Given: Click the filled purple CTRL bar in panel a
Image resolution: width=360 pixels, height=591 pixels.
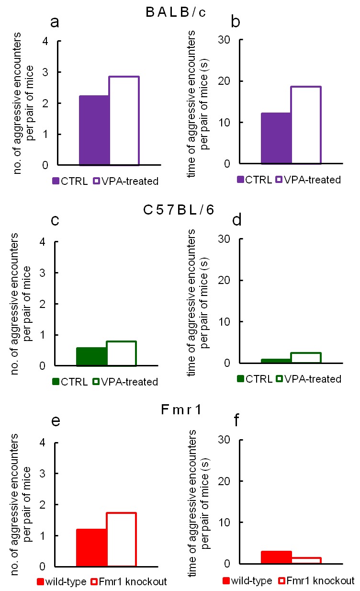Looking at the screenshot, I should tap(94, 130).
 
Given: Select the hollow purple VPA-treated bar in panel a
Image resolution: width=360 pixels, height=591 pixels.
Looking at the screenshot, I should tap(124, 121).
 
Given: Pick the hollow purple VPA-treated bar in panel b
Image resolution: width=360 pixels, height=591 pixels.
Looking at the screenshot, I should tap(306, 125).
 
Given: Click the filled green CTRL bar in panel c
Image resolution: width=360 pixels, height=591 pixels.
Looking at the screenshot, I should tap(91, 357).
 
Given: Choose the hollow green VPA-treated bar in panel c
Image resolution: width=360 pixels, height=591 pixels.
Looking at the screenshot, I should tap(122, 353).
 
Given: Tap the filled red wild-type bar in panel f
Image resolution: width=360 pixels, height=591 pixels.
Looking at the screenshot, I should tap(276, 557).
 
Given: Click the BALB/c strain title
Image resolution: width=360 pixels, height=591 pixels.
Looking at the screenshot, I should tap(176, 13).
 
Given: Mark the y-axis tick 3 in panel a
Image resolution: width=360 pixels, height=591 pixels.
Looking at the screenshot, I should tap(45, 72).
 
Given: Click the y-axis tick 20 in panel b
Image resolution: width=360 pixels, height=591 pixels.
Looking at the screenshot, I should tap(226, 81).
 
